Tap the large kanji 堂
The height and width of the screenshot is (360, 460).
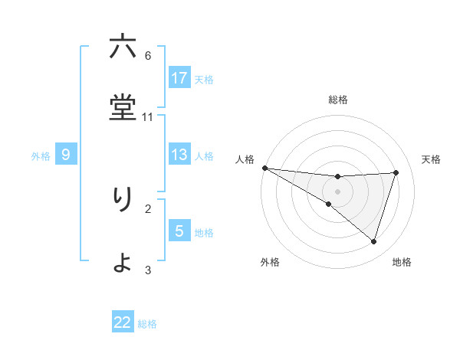tap(122, 108)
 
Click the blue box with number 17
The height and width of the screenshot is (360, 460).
tap(179, 77)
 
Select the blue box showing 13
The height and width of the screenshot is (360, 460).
tap(179, 155)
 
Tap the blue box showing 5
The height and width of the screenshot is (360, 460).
tap(179, 231)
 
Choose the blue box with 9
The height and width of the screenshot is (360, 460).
tap(66, 155)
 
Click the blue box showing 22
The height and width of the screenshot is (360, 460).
tap(123, 322)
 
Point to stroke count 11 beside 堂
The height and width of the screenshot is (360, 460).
tap(148, 116)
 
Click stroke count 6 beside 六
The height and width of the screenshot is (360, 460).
tap(148, 55)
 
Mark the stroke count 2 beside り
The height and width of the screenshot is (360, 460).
tap(148, 208)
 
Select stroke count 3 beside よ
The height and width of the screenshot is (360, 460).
tap(148, 270)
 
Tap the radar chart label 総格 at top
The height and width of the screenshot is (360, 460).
tap(338, 100)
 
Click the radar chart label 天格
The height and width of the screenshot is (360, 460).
tap(431, 159)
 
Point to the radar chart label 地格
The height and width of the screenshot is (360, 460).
tap(402, 262)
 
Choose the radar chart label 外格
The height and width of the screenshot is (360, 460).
tap(270, 262)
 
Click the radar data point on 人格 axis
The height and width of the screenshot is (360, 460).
tap(264, 167)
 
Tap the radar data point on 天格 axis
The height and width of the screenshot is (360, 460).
tap(396, 172)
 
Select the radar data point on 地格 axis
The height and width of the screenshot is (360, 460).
tap(373, 242)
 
